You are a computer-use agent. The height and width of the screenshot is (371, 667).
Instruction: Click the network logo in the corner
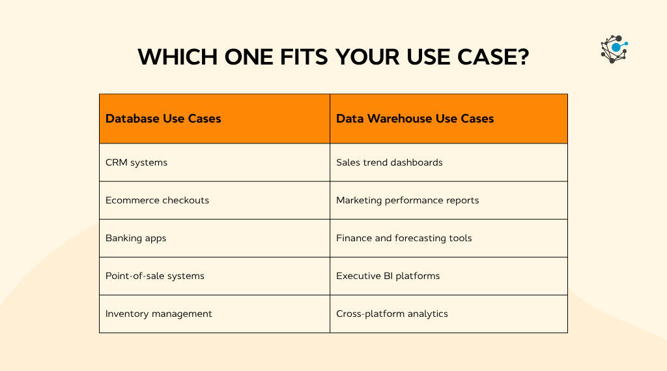(x=614, y=50)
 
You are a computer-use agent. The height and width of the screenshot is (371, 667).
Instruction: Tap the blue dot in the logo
(x=616, y=48)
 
